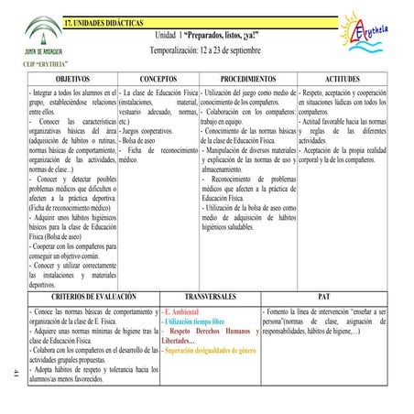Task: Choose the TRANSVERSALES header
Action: point(210,299)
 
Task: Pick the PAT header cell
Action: point(322,299)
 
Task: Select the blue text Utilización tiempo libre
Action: point(193,322)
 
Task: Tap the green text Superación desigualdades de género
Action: point(210,351)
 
